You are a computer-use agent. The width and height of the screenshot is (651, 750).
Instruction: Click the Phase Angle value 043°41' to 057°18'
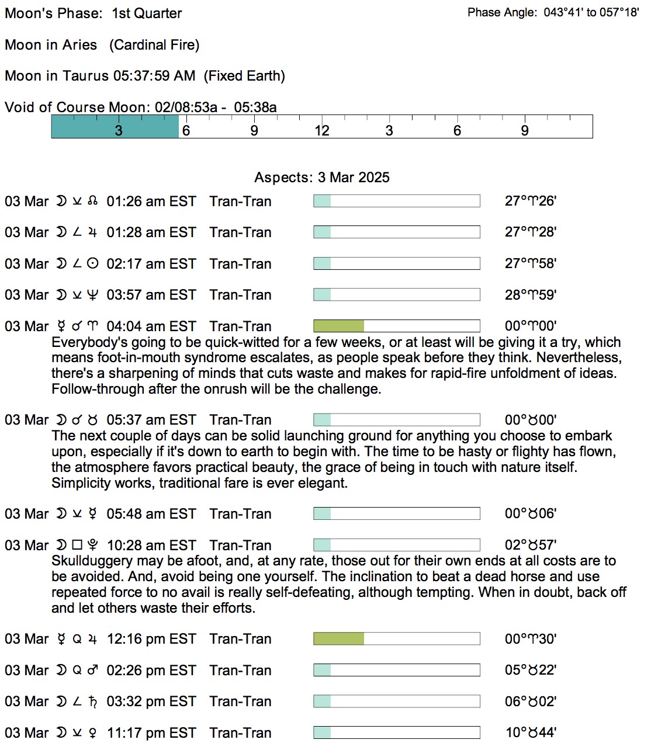point(591,12)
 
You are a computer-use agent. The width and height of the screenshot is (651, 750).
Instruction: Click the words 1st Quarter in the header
point(147,13)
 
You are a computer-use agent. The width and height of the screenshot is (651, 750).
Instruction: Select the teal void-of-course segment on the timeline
point(115,126)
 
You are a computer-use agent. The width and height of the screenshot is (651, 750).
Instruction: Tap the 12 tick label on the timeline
point(322,130)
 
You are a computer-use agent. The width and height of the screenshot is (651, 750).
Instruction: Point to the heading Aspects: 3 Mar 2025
point(322,178)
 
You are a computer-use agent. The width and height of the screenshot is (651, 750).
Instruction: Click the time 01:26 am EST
point(151,202)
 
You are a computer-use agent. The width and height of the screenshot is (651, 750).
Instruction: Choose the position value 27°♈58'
point(530,263)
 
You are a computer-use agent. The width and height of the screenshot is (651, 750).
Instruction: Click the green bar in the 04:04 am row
point(338,326)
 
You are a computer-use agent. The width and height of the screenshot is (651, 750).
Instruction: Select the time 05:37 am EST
point(151,420)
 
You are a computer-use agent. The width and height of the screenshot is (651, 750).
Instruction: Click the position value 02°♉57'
point(530,545)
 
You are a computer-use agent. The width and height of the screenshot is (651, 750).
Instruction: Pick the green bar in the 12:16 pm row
point(338,638)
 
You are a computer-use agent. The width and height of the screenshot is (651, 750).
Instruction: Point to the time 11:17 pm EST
point(151,732)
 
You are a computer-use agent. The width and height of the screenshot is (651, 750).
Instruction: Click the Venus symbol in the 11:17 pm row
point(92,732)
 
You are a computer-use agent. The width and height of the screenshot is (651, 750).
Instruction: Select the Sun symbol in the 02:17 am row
point(92,263)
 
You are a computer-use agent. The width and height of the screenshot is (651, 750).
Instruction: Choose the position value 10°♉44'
point(531,732)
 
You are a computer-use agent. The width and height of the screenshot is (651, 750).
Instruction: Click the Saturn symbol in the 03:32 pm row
point(92,702)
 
